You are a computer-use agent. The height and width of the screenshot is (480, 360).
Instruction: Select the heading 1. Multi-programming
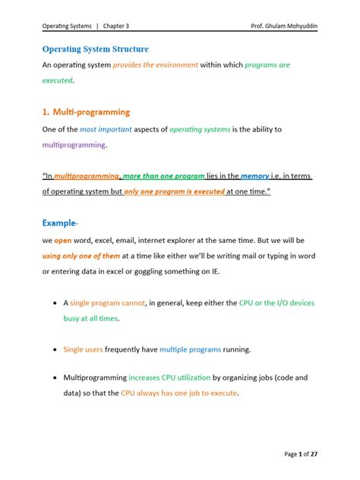(x=86, y=112)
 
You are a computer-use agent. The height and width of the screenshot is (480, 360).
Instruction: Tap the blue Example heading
(x=60, y=225)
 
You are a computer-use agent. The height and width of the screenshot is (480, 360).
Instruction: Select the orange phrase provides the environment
(x=155, y=65)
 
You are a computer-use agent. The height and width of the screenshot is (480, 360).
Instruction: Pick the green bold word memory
(x=256, y=176)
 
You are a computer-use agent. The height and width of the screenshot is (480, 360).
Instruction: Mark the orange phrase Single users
(x=83, y=349)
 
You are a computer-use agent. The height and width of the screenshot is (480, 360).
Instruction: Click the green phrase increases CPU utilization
(x=169, y=377)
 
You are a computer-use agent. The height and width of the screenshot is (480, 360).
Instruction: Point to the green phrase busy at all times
(x=91, y=319)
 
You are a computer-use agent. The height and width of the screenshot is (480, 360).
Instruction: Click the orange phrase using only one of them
(x=83, y=257)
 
